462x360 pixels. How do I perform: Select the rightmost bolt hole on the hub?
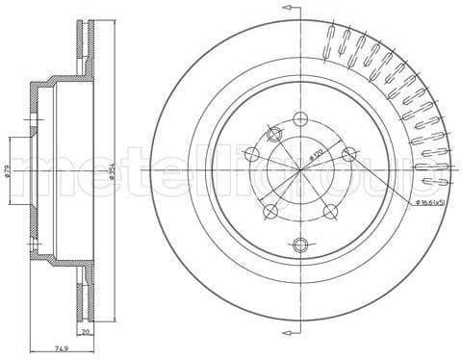coord(349,151)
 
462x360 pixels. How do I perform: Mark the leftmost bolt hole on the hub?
coord(252,151)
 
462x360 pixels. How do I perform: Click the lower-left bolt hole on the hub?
coord(271,211)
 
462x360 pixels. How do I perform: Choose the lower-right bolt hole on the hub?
coord(331,211)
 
